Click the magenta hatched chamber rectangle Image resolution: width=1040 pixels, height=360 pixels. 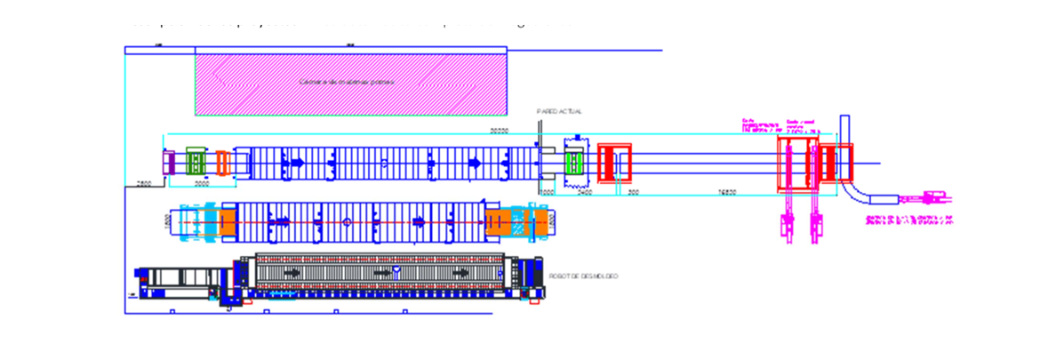point(351,84)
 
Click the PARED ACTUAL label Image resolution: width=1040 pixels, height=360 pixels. point(559,112)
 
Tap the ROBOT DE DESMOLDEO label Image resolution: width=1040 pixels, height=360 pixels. point(584,276)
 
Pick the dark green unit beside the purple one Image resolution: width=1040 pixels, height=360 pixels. point(196,163)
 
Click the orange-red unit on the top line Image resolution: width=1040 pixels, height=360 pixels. point(222,163)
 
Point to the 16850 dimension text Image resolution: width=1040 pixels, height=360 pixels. point(727,191)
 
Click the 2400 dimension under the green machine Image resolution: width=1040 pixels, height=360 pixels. point(584,191)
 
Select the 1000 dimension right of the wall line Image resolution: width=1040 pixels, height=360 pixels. point(548,191)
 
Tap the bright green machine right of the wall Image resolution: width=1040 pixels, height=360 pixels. point(573,163)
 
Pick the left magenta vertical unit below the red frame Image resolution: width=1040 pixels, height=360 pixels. point(788,227)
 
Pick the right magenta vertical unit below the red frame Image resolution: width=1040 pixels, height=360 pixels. point(814,227)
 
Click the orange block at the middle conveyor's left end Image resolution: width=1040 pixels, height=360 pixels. point(228,221)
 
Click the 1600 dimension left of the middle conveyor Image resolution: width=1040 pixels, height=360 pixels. point(167,221)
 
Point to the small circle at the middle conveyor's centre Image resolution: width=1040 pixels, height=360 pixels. point(347,221)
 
